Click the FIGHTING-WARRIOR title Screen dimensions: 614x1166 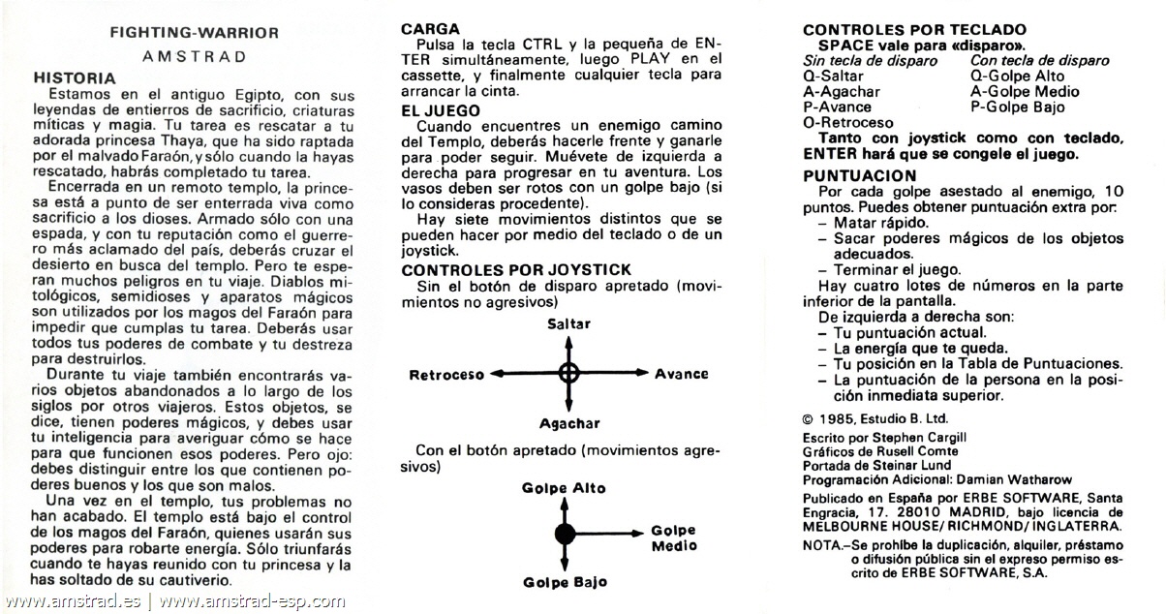[x=194, y=33]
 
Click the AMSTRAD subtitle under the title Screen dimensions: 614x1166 [x=194, y=56]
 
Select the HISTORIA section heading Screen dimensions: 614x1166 [x=76, y=77]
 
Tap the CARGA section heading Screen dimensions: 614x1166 [x=430, y=30]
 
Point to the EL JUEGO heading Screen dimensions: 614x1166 [x=441, y=111]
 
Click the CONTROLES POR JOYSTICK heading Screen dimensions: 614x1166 [x=516, y=269]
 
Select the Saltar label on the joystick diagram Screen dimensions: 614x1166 [x=568, y=324]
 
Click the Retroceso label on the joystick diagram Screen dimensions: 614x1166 [x=446, y=375]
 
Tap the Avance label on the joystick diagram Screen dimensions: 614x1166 [x=681, y=374]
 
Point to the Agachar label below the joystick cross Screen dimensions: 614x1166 [x=569, y=423]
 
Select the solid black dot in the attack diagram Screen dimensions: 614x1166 [x=565, y=534]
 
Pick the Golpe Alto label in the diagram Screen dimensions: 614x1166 [x=564, y=487]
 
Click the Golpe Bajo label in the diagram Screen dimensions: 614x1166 [x=565, y=582]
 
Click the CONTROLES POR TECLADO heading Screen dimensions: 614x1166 [x=914, y=30]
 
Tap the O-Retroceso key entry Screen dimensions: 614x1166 [x=848, y=123]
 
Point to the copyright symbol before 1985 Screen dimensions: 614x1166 [x=809, y=418]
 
